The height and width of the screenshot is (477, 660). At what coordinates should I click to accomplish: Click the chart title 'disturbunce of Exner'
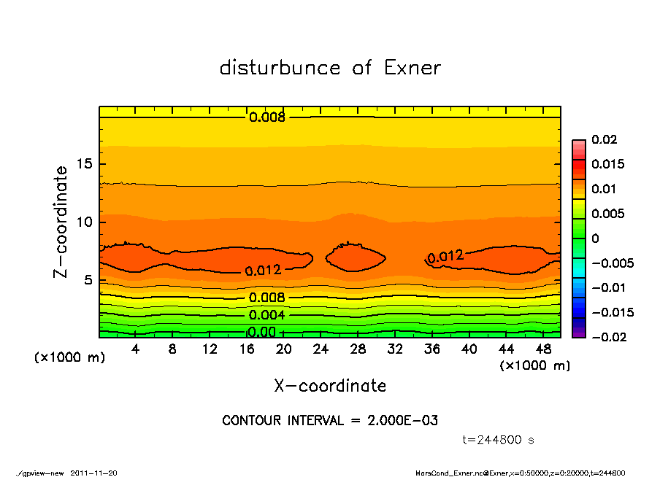coord(330,68)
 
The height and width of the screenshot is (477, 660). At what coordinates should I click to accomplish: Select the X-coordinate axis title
coord(330,385)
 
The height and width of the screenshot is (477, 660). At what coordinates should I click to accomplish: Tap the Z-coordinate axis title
coord(61,222)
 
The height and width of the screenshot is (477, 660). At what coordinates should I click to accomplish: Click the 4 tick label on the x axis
coord(136,349)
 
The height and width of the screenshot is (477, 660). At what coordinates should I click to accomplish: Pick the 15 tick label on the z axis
coord(84,164)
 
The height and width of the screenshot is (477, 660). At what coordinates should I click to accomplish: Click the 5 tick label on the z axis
coord(88,280)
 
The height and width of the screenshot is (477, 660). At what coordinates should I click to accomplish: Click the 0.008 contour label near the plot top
coord(267,117)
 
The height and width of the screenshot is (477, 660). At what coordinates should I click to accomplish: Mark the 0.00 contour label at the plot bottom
coord(261,333)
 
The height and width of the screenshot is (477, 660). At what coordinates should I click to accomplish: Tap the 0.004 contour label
coord(266,315)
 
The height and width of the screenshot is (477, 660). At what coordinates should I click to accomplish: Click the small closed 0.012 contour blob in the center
coord(355,257)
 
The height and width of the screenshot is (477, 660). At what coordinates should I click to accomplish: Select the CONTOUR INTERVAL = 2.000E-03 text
coord(330,421)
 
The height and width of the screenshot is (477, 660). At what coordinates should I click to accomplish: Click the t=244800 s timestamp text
coord(499,441)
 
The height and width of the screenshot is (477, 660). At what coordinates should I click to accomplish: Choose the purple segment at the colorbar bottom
coord(579,333)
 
